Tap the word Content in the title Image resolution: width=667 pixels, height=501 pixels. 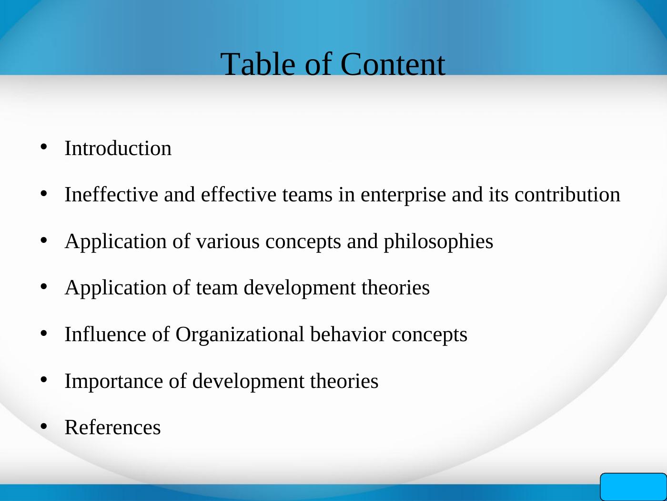point(393,64)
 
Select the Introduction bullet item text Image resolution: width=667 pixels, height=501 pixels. point(118,148)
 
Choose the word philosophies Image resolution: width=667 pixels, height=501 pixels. point(438,241)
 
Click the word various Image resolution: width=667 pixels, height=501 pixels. point(228,241)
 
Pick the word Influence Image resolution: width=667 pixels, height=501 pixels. point(105,334)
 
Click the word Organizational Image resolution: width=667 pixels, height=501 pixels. point(240,334)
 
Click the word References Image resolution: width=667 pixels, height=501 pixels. point(112,428)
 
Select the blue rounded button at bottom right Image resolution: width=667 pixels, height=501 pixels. point(633,487)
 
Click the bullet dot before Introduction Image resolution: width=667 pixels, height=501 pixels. point(44,147)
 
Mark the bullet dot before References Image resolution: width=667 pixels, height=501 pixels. point(44,426)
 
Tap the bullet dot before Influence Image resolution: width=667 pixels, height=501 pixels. point(44,333)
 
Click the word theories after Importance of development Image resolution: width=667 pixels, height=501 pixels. point(344,381)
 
